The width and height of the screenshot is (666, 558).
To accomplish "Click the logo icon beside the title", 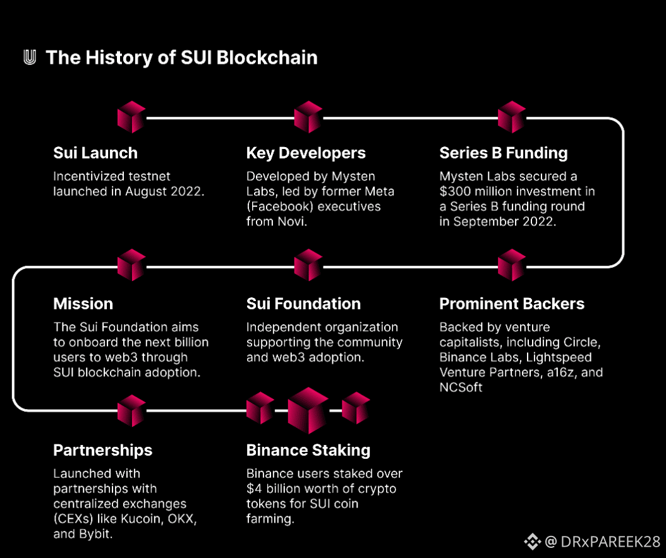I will click(30, 57).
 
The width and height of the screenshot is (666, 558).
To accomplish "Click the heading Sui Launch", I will click(95, 153).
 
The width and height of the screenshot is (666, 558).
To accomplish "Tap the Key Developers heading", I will click(306, 153).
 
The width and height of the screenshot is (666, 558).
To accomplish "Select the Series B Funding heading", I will click(504, 153).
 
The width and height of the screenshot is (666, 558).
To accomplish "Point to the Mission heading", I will click(83, 304).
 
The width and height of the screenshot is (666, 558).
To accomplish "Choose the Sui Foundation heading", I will click(303, 304).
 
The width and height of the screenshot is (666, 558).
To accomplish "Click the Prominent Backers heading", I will click(512, 304).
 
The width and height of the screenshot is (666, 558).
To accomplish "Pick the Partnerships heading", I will click(103, 450).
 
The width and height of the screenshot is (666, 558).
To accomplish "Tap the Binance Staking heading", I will click(308, 450).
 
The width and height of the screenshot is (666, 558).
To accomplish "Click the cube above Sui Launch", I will click(131, 117).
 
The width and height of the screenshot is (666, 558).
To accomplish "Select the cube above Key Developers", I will click(308, 117).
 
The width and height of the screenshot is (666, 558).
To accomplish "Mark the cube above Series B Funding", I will click(512, 117).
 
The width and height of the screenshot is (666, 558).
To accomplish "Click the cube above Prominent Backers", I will click(512, 265).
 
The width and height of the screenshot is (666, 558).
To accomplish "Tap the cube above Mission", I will click(131, 265).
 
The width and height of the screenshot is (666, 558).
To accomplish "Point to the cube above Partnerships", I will click(131, 410).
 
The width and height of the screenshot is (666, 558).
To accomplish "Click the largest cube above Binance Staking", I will click(308, 410).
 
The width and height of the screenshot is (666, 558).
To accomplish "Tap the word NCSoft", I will click(461, 387).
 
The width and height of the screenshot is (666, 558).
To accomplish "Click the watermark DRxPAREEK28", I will click(610, 542).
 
